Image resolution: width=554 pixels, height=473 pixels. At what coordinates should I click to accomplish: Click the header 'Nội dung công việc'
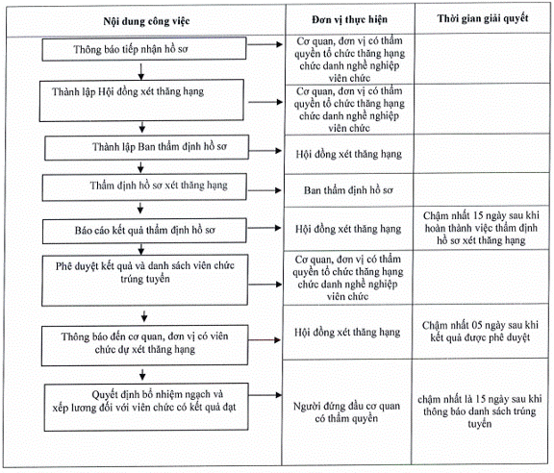click(x=146, y=21)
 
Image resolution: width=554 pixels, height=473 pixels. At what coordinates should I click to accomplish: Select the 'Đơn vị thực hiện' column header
click(x=349, y=20)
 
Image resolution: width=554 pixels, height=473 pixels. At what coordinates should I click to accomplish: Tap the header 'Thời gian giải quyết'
click(x=483, y=18)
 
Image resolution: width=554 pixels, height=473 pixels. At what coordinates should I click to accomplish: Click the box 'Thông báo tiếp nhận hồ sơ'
click(x=144, y=49)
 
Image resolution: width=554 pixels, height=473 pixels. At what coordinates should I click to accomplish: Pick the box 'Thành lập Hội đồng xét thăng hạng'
click(x=141, y=101)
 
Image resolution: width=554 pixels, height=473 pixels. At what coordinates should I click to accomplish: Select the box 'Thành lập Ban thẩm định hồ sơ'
click(x=146, y=147)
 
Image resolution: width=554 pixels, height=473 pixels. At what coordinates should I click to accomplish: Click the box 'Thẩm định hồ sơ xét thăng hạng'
click(x=144, y=187)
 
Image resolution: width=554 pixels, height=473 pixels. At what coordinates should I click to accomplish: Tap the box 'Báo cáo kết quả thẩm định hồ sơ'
click(x=144, y=231)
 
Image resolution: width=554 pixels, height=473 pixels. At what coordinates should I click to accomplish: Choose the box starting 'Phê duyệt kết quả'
click(x=144, y=280)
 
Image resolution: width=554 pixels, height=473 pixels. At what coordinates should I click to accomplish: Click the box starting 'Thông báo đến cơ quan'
click(x=144, y=345)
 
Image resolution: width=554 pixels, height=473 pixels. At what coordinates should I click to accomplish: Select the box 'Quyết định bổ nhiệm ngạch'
click(x=146, y=408)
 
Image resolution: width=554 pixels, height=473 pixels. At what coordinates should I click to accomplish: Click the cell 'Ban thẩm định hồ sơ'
click(x=348, y=190)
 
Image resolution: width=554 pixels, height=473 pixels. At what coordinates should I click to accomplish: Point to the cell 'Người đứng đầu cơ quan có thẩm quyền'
click(x=346, y=411)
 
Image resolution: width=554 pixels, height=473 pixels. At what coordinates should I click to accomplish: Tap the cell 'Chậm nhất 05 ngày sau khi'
click(x=480, y=331)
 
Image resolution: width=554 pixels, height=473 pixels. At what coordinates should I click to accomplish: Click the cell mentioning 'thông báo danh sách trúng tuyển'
click(x=479, y=411)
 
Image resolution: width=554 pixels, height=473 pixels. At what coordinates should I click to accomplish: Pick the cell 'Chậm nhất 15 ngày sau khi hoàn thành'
click(x=481, y=228)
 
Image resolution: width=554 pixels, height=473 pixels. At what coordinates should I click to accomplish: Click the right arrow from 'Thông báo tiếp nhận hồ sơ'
click(x=265, y=44)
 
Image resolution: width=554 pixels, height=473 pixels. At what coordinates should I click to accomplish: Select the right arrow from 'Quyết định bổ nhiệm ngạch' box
click(x=265, y=395)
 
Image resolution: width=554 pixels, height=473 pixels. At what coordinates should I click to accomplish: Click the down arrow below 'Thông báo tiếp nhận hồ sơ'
click(x=141, y=72)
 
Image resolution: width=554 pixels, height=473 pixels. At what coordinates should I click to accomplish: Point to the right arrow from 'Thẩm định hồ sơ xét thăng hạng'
click(x=264, y=190)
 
